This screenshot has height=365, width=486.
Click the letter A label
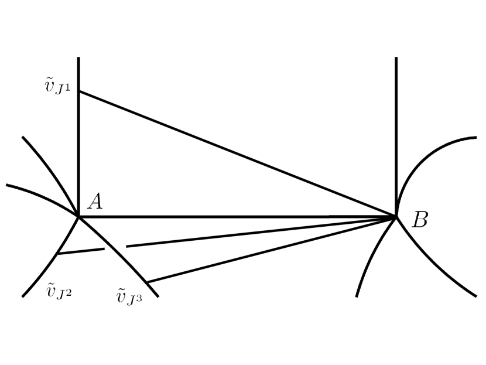click(95, 202)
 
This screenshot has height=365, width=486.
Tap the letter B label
click(420, 220)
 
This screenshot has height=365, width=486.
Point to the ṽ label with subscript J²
click(59, 290)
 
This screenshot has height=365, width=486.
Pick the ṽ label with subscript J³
click(129, 296)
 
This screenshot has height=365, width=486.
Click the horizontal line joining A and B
click(234, 217)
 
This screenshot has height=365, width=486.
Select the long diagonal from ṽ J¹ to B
click(234, 153)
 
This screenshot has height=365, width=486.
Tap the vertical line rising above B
click(396, 117)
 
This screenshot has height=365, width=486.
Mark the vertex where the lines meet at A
click(78, 217)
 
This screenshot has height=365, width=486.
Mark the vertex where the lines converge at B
click(396, 217)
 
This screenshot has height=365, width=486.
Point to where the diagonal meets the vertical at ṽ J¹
click(78, 91)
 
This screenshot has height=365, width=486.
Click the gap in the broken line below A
click(115, 248)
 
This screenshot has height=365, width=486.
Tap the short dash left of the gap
click(81, 251)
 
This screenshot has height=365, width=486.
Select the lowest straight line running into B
click(269, 250)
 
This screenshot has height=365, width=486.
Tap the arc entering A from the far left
click(41, 194)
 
